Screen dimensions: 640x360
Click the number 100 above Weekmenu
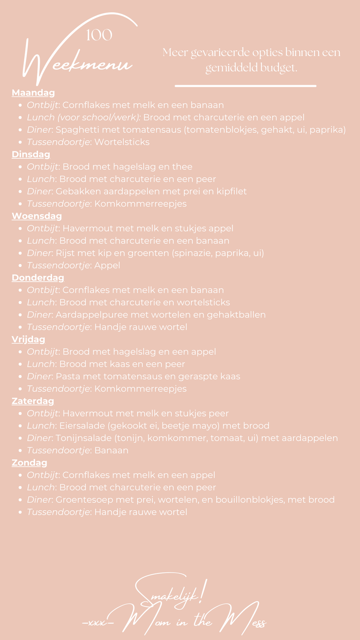tap(99, 35)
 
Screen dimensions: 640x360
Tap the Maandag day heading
tap(33, 93)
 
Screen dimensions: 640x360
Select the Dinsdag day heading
tap(31, 154)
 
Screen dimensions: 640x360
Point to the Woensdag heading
tap(37, 216)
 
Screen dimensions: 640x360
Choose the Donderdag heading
tap(38, 277)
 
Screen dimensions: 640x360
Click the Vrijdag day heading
tap(28, 339)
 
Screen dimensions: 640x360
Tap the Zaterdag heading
tap(33, 401)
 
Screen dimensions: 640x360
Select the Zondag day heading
tap(29, 463)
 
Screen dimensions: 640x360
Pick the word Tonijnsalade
tap(87, 438)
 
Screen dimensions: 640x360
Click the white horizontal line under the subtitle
tap(245, 86)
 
